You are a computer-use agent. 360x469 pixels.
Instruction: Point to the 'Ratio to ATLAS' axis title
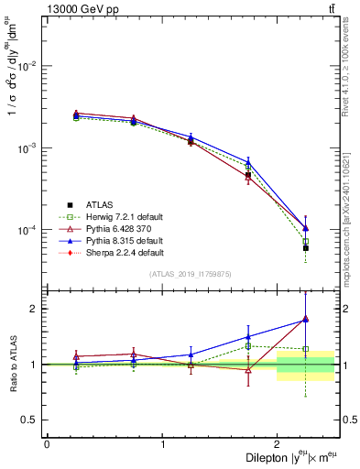[x=12, y=365]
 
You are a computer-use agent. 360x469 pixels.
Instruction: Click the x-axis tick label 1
[x=162, y=444]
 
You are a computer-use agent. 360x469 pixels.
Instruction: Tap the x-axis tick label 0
[x=47, y=444]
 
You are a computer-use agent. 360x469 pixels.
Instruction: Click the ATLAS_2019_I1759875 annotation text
[x=190, y=274]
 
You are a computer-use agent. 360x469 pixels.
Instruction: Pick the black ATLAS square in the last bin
[x=306, y=248]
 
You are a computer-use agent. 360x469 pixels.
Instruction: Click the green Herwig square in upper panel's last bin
[x=306, y=241]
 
